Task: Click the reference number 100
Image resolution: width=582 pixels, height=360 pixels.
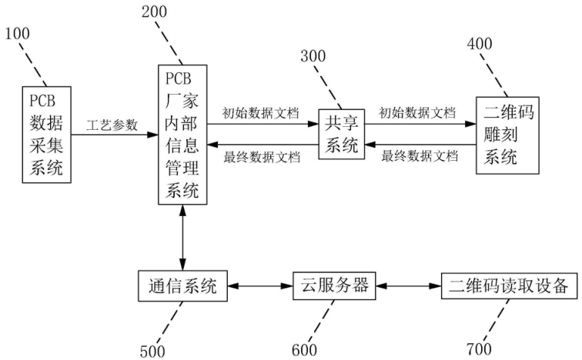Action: pyautogui.click(x=17, y=34)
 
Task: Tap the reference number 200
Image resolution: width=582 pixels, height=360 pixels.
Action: pyautogui.click(x=155, y=12)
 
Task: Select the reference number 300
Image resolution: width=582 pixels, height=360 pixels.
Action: pyautogui.click(x=313, y=56)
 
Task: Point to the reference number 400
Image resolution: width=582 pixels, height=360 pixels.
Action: pyautogui.click(x=480, y=44)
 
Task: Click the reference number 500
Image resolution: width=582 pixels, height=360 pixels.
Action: pyautogui.click(x=152, y=351)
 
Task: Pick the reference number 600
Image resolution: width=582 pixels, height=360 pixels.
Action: pyautogui.click(x=304, y=350)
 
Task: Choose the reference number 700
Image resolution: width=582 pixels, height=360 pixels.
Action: pyautogui.click(x=479, y=349)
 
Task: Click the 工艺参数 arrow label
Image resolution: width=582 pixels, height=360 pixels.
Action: pyautogui.click(x=112, y=125)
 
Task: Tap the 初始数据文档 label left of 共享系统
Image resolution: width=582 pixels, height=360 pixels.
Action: pyautogui.click(x=260, y=113)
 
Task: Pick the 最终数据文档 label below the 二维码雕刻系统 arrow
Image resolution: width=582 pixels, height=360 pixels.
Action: pyautogui.click(x=420, y=156)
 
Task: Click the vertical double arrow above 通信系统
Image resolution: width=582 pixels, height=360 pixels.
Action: pyautogui.click(x=182, y=238)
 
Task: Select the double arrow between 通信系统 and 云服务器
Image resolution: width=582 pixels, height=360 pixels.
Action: pyautogui.click(x=260, y=286)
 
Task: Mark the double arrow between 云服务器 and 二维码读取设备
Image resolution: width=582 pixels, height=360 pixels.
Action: pyautogui.click(x=408, y=286)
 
